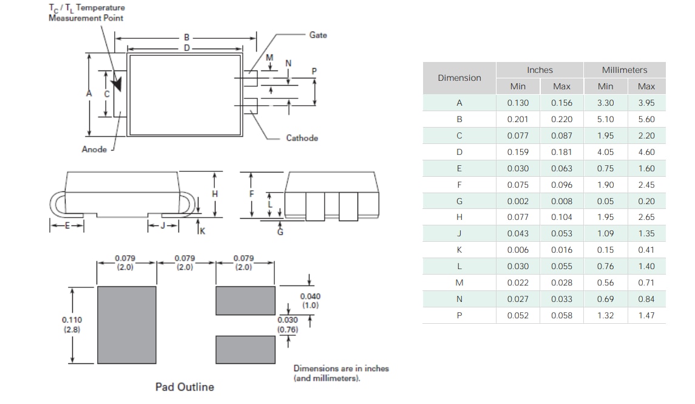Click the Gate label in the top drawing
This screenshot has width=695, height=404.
click(318, 35)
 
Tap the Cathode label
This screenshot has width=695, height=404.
click(302, 138)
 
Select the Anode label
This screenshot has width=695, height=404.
click(94, 149)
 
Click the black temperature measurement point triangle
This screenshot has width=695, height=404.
click(116, 83)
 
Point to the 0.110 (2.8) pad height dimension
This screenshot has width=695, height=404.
click(72, 324)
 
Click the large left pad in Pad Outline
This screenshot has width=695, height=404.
click(127, 324)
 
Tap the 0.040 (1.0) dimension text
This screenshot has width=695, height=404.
click(310, 301)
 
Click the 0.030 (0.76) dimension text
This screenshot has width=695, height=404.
click(288, 324)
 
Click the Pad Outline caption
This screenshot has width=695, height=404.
click(185, 387)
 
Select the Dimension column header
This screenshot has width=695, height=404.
click(459, 78)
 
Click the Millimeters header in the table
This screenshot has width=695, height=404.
click(625, 70)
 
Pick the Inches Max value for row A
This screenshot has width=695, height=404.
click(561, 103)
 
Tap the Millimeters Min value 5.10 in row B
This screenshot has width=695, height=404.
click(605, 120)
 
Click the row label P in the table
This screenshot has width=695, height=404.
click(459, 315)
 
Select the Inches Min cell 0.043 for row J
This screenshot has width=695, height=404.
click(518, 233)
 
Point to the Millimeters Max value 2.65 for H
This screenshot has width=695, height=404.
click(646, 217)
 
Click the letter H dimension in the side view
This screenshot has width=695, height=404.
click(214, 194)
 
